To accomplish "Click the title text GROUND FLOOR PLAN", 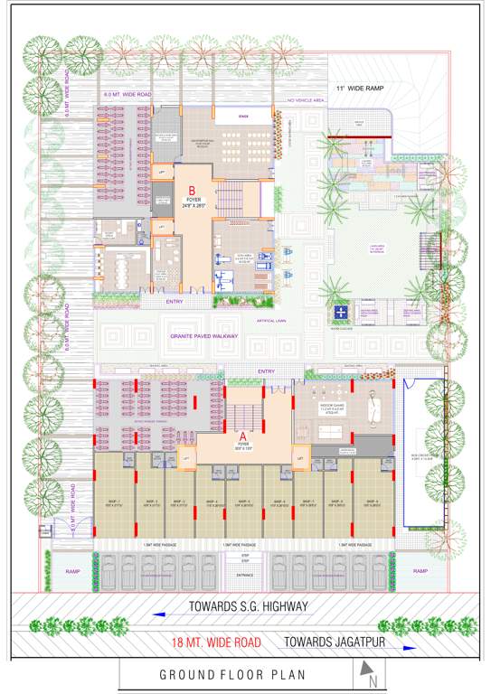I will coord(233,674).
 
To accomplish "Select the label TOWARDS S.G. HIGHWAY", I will coord(249,605).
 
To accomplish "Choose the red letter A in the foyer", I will coord(242,435).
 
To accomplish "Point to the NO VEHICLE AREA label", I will coord(306,100).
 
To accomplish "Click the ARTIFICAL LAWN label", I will coord(277,321).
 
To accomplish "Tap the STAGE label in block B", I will coord(243,117).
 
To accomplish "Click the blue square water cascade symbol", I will coord(340,312).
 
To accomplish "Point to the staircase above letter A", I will coord(242,415).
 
